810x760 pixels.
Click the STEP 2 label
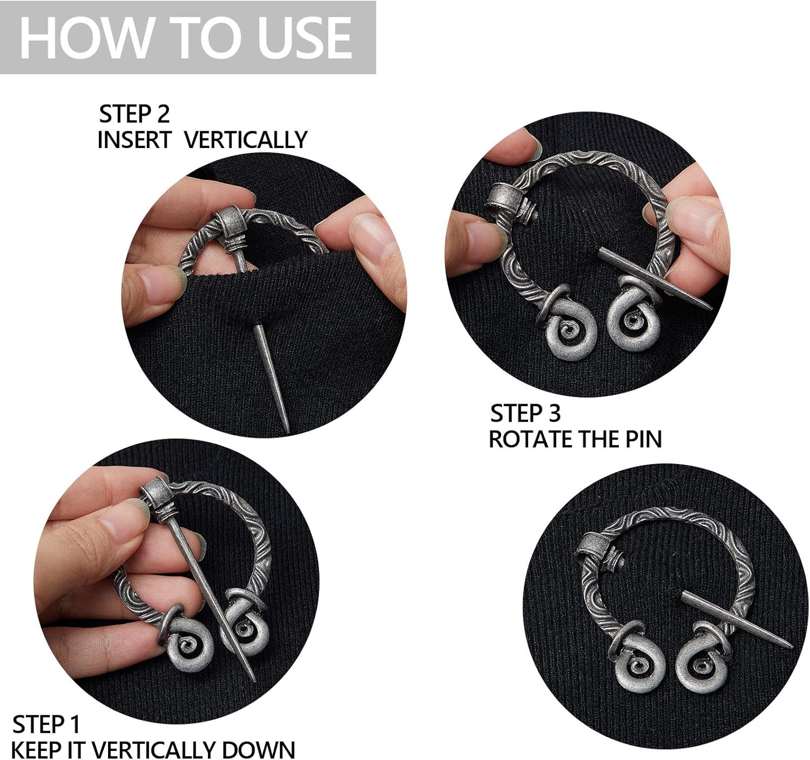134,114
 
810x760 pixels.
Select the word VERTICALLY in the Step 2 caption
246,140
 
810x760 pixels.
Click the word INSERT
134,140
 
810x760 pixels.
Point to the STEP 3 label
525,413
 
